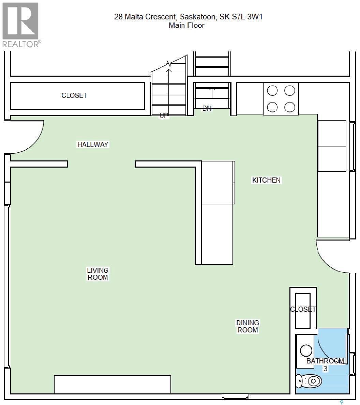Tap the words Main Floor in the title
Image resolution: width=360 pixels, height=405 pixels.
186,25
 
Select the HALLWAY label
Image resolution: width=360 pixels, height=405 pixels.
93,144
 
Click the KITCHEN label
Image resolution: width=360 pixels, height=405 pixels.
266,180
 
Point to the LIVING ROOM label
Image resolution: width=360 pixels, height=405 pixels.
98,274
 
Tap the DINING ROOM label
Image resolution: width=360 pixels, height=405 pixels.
248,326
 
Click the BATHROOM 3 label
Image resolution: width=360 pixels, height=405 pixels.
325,364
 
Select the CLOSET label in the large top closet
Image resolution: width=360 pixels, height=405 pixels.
74,96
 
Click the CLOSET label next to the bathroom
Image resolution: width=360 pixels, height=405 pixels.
303,309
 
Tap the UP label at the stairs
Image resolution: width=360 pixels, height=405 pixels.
164,116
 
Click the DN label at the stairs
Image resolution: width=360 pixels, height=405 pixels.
207,108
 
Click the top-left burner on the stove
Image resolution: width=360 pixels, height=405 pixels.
272,91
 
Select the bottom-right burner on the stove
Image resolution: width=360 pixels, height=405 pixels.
289,107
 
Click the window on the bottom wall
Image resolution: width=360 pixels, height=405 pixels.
235,396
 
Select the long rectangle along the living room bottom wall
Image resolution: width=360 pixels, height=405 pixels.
112,384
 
